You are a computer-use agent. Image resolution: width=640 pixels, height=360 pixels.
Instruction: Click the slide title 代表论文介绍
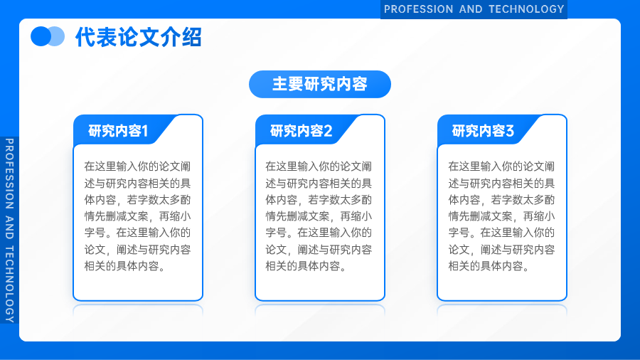point(139,37)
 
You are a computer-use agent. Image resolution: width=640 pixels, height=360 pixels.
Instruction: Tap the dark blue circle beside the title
point(41,36)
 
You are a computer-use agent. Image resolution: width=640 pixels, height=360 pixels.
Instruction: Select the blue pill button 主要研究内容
point(320,84)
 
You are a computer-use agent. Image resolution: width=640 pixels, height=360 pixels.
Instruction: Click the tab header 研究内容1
point(118,131)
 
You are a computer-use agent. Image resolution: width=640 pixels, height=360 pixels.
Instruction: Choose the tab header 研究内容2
point(301,131)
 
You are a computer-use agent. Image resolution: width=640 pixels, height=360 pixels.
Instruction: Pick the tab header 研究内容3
point(482,131)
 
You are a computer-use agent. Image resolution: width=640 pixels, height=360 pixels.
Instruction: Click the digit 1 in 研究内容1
point(144,131)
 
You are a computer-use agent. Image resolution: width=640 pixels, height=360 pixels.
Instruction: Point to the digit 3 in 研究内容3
point(510,131)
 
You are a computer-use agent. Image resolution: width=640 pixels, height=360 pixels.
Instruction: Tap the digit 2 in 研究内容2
point(328,131)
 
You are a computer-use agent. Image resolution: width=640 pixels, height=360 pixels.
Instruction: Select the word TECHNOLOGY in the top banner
point(526,9)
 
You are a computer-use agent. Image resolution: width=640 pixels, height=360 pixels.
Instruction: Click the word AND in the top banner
point(471,9)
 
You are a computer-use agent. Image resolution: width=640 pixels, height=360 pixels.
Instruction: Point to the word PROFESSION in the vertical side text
point(9,174)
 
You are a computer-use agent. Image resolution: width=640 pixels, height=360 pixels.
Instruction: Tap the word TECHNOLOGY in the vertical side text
point(9,285)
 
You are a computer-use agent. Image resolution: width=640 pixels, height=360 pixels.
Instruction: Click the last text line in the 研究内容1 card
point(124,266)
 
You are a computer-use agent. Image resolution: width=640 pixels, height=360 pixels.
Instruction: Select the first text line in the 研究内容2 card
point(319,166)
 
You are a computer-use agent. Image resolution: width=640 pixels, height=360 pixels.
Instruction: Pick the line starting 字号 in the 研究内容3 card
point(501,233)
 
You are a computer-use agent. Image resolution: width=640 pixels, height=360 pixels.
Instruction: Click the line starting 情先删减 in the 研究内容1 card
point(137,216)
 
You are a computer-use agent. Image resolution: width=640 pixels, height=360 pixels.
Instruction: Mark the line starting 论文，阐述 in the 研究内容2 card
point(319,250)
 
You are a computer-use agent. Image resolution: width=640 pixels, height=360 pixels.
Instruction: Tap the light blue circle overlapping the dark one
point(57,36)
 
